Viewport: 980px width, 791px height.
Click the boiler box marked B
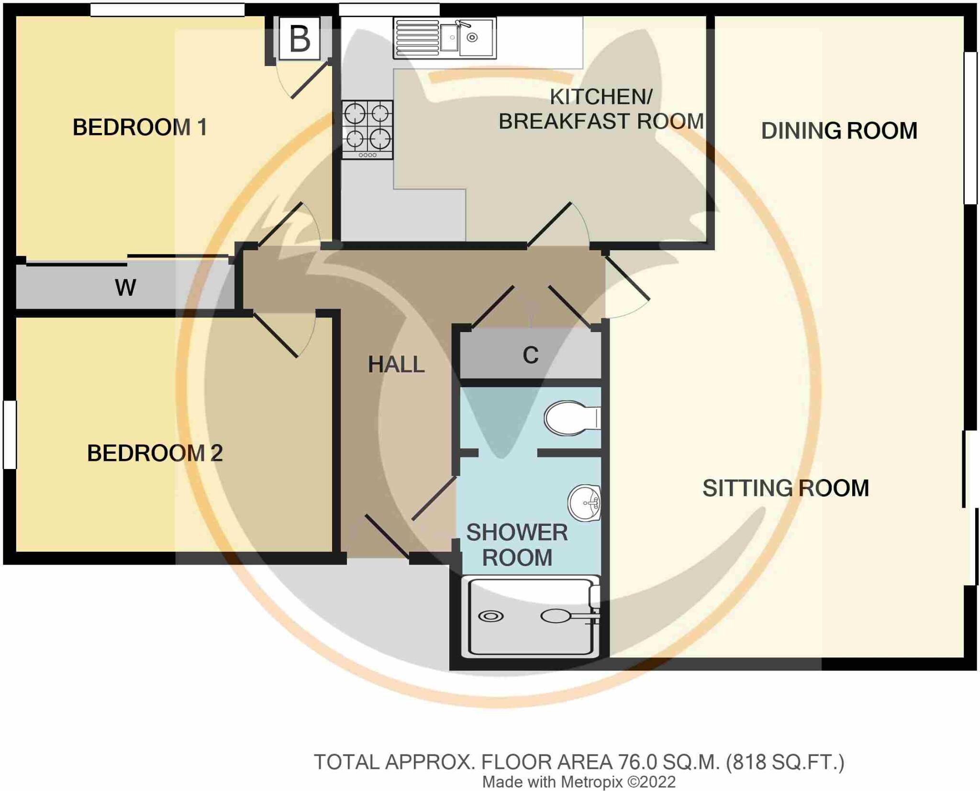tap(300, 38)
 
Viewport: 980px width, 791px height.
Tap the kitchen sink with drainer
tap(444, 38)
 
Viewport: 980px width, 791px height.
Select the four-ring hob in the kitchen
tap(367, 129)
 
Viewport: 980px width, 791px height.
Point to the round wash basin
tap(585, 503)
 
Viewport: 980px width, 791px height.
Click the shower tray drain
tap(490, 616)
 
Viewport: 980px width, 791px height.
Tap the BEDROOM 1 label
tap(140, 127)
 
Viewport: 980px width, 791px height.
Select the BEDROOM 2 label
tap(155, 453)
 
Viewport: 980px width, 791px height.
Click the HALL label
tap(396, 365)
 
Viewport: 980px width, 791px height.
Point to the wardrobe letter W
tap(125, 288)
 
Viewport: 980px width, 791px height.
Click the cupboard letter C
tap(530, 355)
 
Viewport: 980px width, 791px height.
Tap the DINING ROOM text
tap(839, 131)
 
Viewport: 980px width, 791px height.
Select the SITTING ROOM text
tap(785, 488)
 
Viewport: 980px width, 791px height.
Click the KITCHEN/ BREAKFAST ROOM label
tap(601, 109)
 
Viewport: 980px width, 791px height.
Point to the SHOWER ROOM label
tap(517, 545)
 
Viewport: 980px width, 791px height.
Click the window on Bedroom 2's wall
tap(10, 434)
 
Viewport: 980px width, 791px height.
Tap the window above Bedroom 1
tap(167, 10)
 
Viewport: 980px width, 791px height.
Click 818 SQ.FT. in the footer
tap(785, 762)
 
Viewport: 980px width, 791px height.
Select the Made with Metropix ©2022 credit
tap(579, 782)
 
